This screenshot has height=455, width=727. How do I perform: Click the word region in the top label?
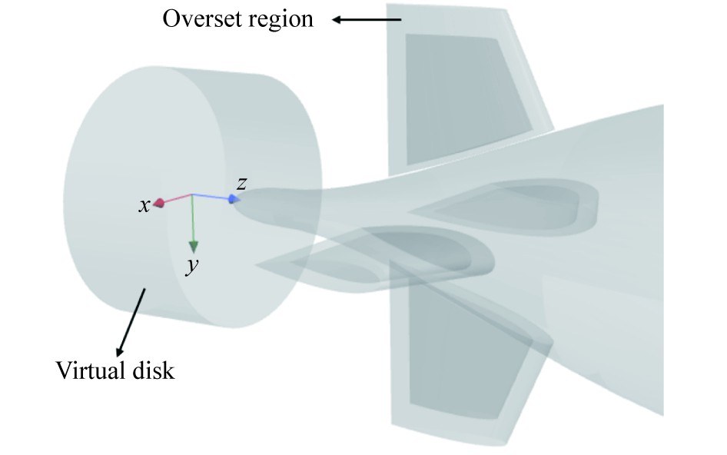tap(280, 18)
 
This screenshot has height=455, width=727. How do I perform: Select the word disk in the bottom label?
tap(153, 372)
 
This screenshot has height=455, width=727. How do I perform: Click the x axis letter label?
tap(144, 206)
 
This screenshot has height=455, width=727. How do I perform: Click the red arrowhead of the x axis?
tap(159, 203)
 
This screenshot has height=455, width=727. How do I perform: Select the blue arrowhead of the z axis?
tap(233, 200)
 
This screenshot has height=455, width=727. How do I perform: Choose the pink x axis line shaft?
tap(176, 199)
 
